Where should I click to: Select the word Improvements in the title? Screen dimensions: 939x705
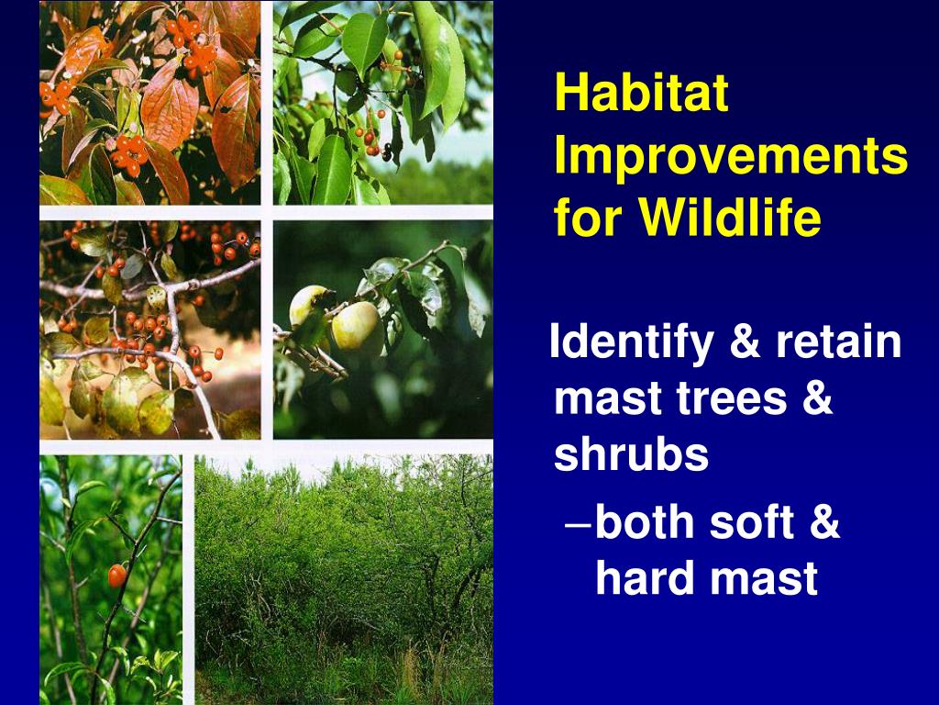[x=731, y=156]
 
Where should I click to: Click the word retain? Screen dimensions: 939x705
[x=838, y=341]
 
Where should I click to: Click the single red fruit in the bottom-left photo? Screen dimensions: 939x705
[x=116, y=576]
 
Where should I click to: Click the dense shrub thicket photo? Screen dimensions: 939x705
[x=344, y=579]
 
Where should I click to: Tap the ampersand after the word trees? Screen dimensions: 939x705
[x=817, y=397]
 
